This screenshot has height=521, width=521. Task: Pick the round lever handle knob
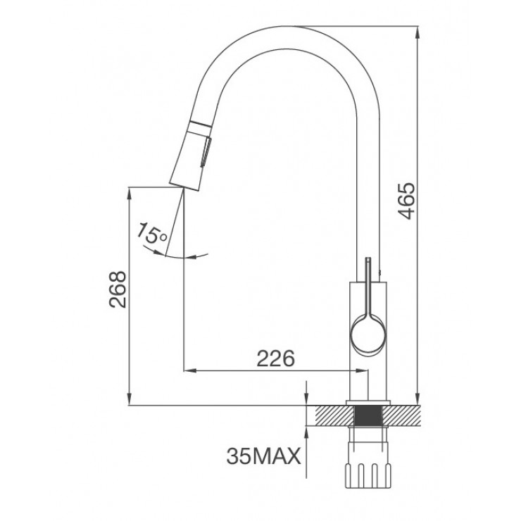click(x=367, y=334)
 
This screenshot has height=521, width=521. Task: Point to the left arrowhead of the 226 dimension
click(x=187, y=370)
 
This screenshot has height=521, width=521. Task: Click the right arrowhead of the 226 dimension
click(x=363, y=370)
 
